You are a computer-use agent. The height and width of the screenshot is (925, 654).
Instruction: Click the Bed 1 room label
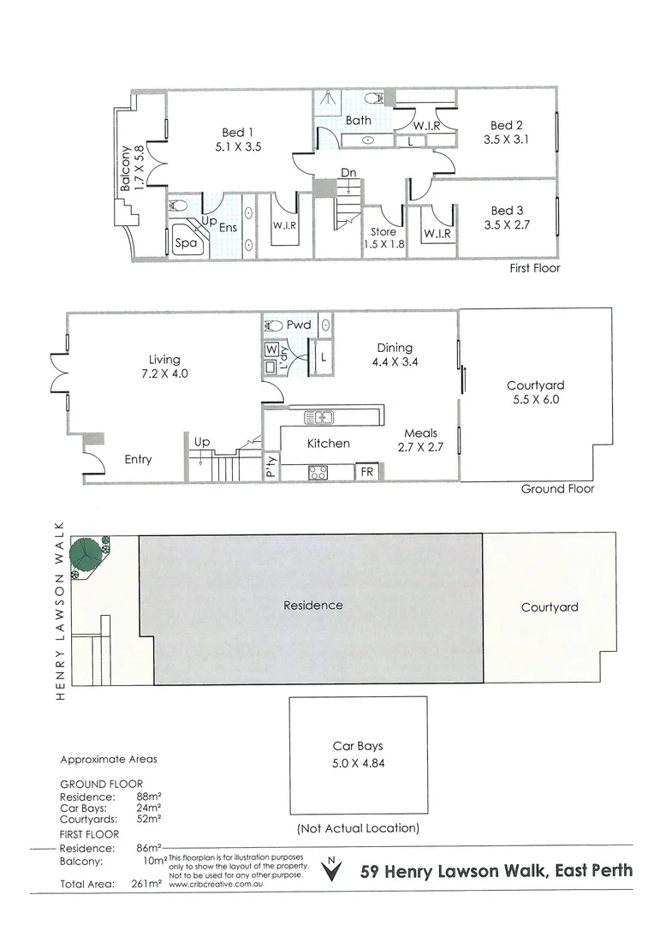coord(238,132)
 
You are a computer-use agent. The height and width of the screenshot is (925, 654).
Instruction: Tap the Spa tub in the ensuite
coord(186,242)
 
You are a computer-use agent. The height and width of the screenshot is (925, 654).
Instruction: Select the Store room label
coord(383,231)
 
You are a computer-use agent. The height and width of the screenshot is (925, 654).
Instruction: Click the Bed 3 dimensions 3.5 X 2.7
coord(507,226)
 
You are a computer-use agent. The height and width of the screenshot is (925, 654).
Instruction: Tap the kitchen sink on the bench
coord(323,417)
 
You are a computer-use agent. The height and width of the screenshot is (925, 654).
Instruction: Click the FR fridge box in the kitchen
coord(366,472)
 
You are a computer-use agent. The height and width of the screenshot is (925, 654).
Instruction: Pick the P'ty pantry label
coord(271,466)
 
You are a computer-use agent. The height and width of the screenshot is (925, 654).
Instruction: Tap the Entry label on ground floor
coord(138,460)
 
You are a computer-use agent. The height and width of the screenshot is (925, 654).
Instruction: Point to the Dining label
coord(395,348)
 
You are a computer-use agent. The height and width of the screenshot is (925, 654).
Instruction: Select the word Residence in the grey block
coord(312,606)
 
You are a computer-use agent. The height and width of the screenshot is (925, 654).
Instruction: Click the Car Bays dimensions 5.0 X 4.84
coord(358,762)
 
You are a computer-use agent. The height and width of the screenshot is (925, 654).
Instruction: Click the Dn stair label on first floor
coord(348,173)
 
